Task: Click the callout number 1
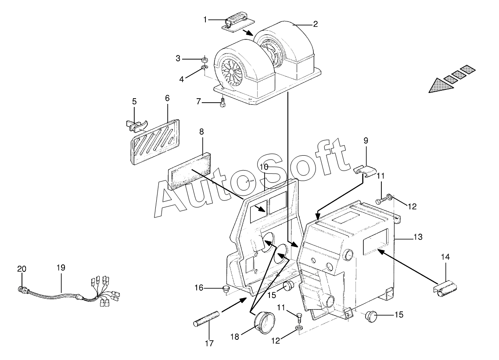205,19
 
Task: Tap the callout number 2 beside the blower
315,24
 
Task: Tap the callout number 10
263,167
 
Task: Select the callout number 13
418,237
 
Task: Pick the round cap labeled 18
265,321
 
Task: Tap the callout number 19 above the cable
61,267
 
